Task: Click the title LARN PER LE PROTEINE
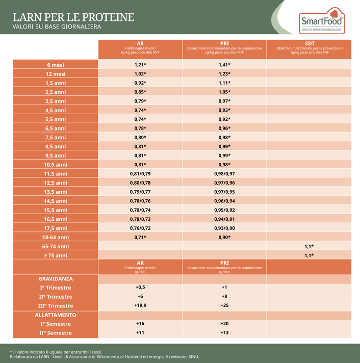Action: tap(73, 17)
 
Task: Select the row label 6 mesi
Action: tap(55, 65)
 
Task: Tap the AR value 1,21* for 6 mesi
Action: tap(140, 65)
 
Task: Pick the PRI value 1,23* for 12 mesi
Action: tap(224, 74)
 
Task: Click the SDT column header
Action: tap(310, 43)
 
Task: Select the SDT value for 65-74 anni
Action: tap(309, 246)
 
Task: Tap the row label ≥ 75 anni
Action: tap(55, 255)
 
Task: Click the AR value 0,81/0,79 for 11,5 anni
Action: tap(140, 174)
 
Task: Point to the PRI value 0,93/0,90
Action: tap(224, 228)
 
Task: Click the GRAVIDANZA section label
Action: tap(55, 279)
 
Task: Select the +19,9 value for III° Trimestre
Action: tap(140, 305)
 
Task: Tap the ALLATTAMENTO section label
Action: tap(55, 315)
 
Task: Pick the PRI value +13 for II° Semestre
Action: tap(224, 333)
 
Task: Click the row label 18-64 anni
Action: tap(55, 237)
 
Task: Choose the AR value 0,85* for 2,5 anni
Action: tap(140, 92)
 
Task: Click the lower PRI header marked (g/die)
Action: tap(224, 267)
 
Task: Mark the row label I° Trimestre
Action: tap(55, 288)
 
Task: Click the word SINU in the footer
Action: tap(192, 357)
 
